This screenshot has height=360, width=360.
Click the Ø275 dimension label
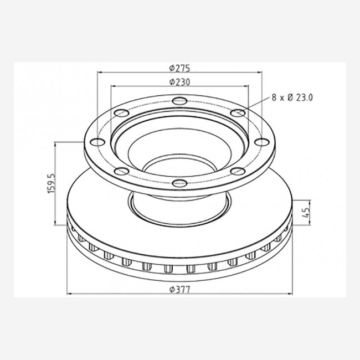pos(180,68)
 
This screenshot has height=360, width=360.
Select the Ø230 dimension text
pos(180,82)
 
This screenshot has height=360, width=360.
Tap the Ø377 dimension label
pos(180,290)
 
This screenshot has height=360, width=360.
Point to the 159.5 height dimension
pos(52,183)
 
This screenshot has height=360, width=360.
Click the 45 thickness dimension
pos(306,213)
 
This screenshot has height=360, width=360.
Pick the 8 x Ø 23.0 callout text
pos(292,98)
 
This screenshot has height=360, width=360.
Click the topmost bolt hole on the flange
pos(180,101)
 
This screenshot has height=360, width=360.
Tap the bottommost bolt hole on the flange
pos(180,183)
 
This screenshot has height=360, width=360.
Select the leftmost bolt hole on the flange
pos(97,142)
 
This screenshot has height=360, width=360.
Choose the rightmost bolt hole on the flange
pos(262,142)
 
